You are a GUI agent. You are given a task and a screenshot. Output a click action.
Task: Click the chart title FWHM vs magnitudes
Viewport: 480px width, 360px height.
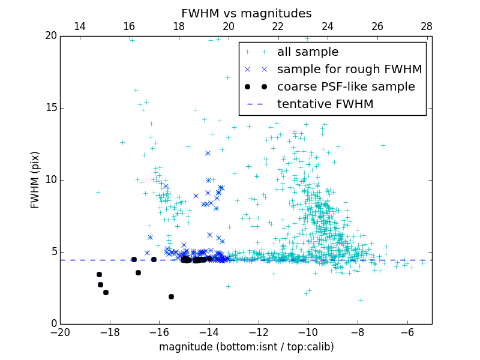(x=246, y=13)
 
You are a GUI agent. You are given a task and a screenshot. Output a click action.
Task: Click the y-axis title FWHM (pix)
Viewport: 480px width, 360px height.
(x=35, y=179)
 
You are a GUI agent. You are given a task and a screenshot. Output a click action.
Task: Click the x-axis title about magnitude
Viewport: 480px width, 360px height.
(x=246, y=347)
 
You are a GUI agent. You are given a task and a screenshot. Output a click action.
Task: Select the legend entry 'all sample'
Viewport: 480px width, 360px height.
(x=308, y=52)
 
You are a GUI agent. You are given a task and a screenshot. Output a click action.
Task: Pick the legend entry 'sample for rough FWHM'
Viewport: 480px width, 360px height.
(x=349, y=70)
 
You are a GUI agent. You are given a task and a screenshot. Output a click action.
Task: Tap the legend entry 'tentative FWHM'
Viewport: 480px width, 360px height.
(x=325, y=104)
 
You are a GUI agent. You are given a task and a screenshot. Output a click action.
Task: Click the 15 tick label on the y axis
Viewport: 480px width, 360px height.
(x=50, y=108)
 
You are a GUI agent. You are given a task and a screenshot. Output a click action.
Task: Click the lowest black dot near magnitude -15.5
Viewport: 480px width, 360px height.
(x=171, y=296)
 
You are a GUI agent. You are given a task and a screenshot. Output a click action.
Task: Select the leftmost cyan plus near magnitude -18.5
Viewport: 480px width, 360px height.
(x=98, y=192)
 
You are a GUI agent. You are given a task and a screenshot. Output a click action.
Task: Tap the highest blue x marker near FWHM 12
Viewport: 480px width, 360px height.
(x=208, y=153)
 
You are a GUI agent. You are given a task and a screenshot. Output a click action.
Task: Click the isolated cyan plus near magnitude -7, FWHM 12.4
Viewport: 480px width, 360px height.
(x=383, y=145)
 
